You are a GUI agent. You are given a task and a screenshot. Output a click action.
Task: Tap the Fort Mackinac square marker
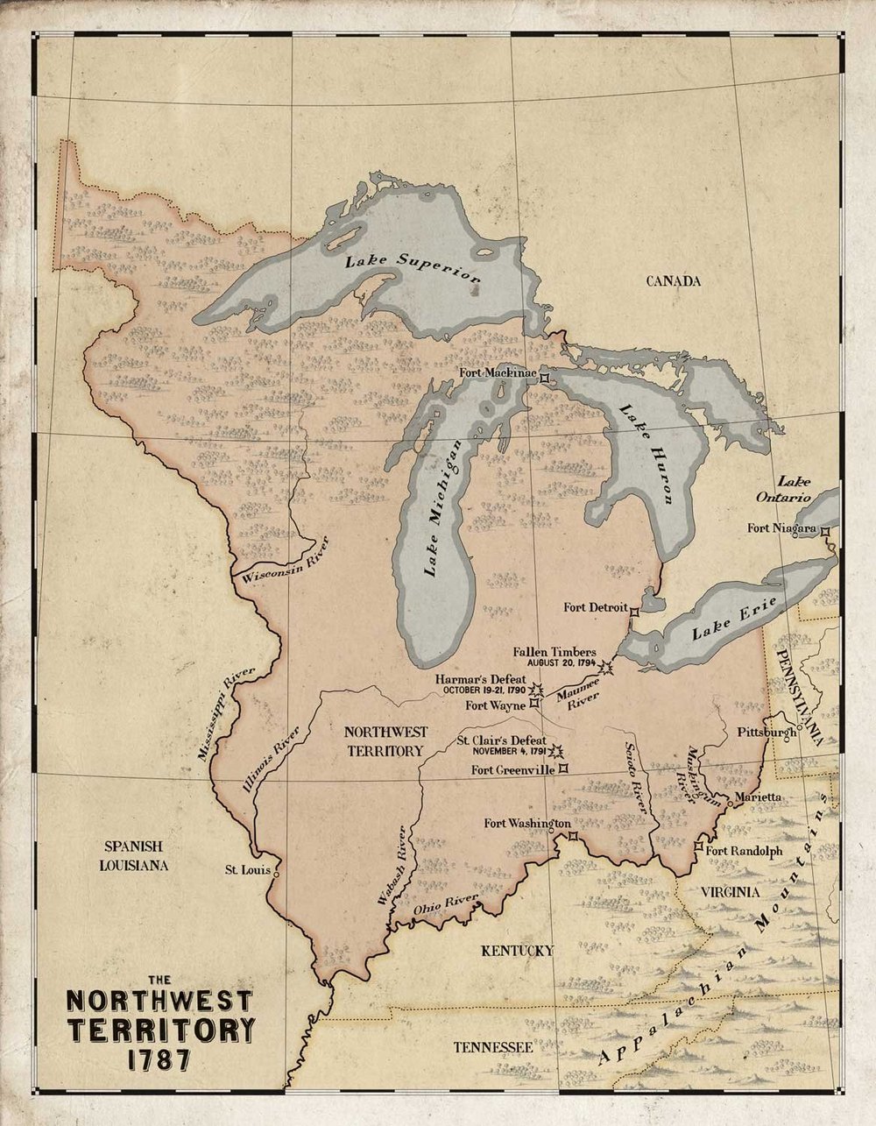(544, 378)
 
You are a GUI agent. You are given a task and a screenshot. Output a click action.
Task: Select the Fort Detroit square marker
(635, 612)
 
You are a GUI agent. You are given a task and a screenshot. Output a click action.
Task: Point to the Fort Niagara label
(781, 528)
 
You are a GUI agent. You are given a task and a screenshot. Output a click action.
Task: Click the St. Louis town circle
(277, 874)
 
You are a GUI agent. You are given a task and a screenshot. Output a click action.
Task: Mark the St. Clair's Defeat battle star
(555, 750)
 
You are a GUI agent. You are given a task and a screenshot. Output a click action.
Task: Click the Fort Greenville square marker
(563, 768)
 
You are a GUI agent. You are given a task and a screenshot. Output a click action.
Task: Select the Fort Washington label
(527, 824)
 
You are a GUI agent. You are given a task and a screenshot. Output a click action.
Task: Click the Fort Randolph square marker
(698, 846)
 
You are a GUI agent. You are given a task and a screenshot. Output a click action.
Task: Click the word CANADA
(674, 281)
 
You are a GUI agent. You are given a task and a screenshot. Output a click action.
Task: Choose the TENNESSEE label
(492, 1047)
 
